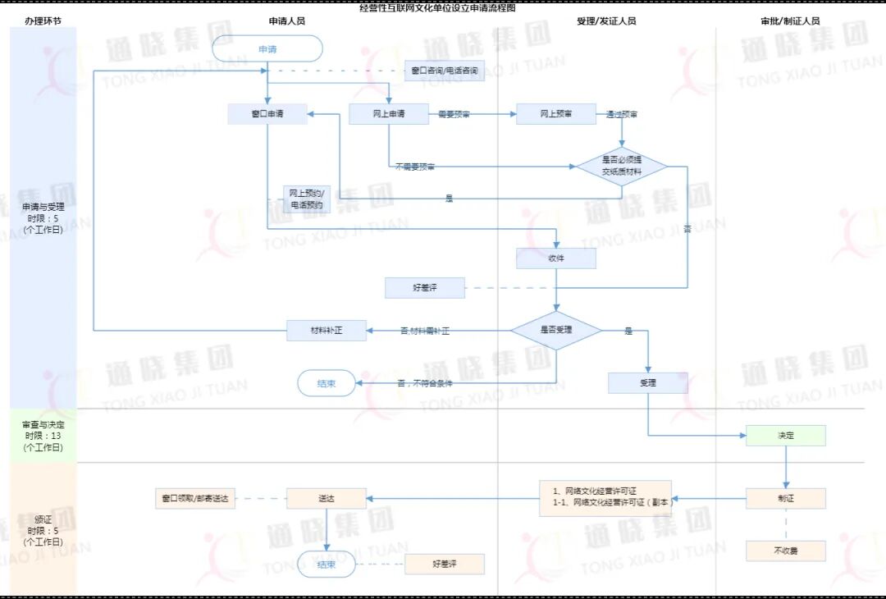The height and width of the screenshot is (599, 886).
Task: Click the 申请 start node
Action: point(267,48)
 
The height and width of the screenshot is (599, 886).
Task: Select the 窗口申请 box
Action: point(267,114)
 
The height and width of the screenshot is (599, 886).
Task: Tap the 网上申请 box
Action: point(389,114)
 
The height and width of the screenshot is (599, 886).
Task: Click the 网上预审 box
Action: point(555,114)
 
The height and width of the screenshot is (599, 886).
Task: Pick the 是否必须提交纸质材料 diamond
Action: point(621,167)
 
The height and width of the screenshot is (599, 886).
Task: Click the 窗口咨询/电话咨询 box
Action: point(445,71)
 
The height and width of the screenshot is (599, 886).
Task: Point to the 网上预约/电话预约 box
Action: point(307,199)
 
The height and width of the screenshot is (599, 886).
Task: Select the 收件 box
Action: point(555,258)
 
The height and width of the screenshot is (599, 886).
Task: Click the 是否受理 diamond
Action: point(556,330)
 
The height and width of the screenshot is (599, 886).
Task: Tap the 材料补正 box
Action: point(326,330)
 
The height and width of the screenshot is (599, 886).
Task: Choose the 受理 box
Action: point(647,382)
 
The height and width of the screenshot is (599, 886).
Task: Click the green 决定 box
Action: point(785,435)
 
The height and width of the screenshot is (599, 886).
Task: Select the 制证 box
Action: point(785,498)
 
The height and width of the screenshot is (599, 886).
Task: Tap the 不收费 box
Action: point(785,551)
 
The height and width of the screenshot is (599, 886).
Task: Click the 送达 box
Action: point(326,498)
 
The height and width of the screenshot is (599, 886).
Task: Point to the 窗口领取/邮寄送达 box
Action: point(195,498)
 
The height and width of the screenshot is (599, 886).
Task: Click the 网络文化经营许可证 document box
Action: point(605,497)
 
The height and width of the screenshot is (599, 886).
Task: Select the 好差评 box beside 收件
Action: point(425,288)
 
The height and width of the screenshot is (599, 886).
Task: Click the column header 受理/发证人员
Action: point(606,21)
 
